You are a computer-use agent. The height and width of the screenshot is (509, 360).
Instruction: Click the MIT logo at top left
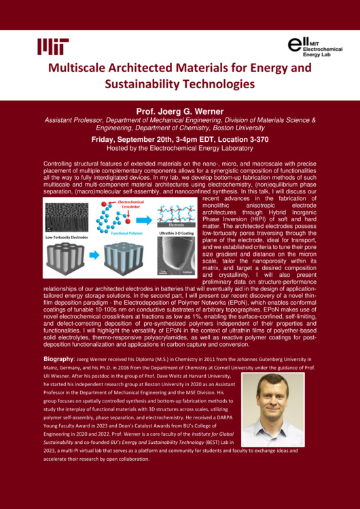click(54, 46)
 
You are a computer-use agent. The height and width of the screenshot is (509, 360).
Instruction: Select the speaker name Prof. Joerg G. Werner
click(179, 109)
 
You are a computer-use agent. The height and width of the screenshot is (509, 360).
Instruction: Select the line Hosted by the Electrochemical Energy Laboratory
click(179, 147)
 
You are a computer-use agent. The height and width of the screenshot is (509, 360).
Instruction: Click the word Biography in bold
click(58, 358)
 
